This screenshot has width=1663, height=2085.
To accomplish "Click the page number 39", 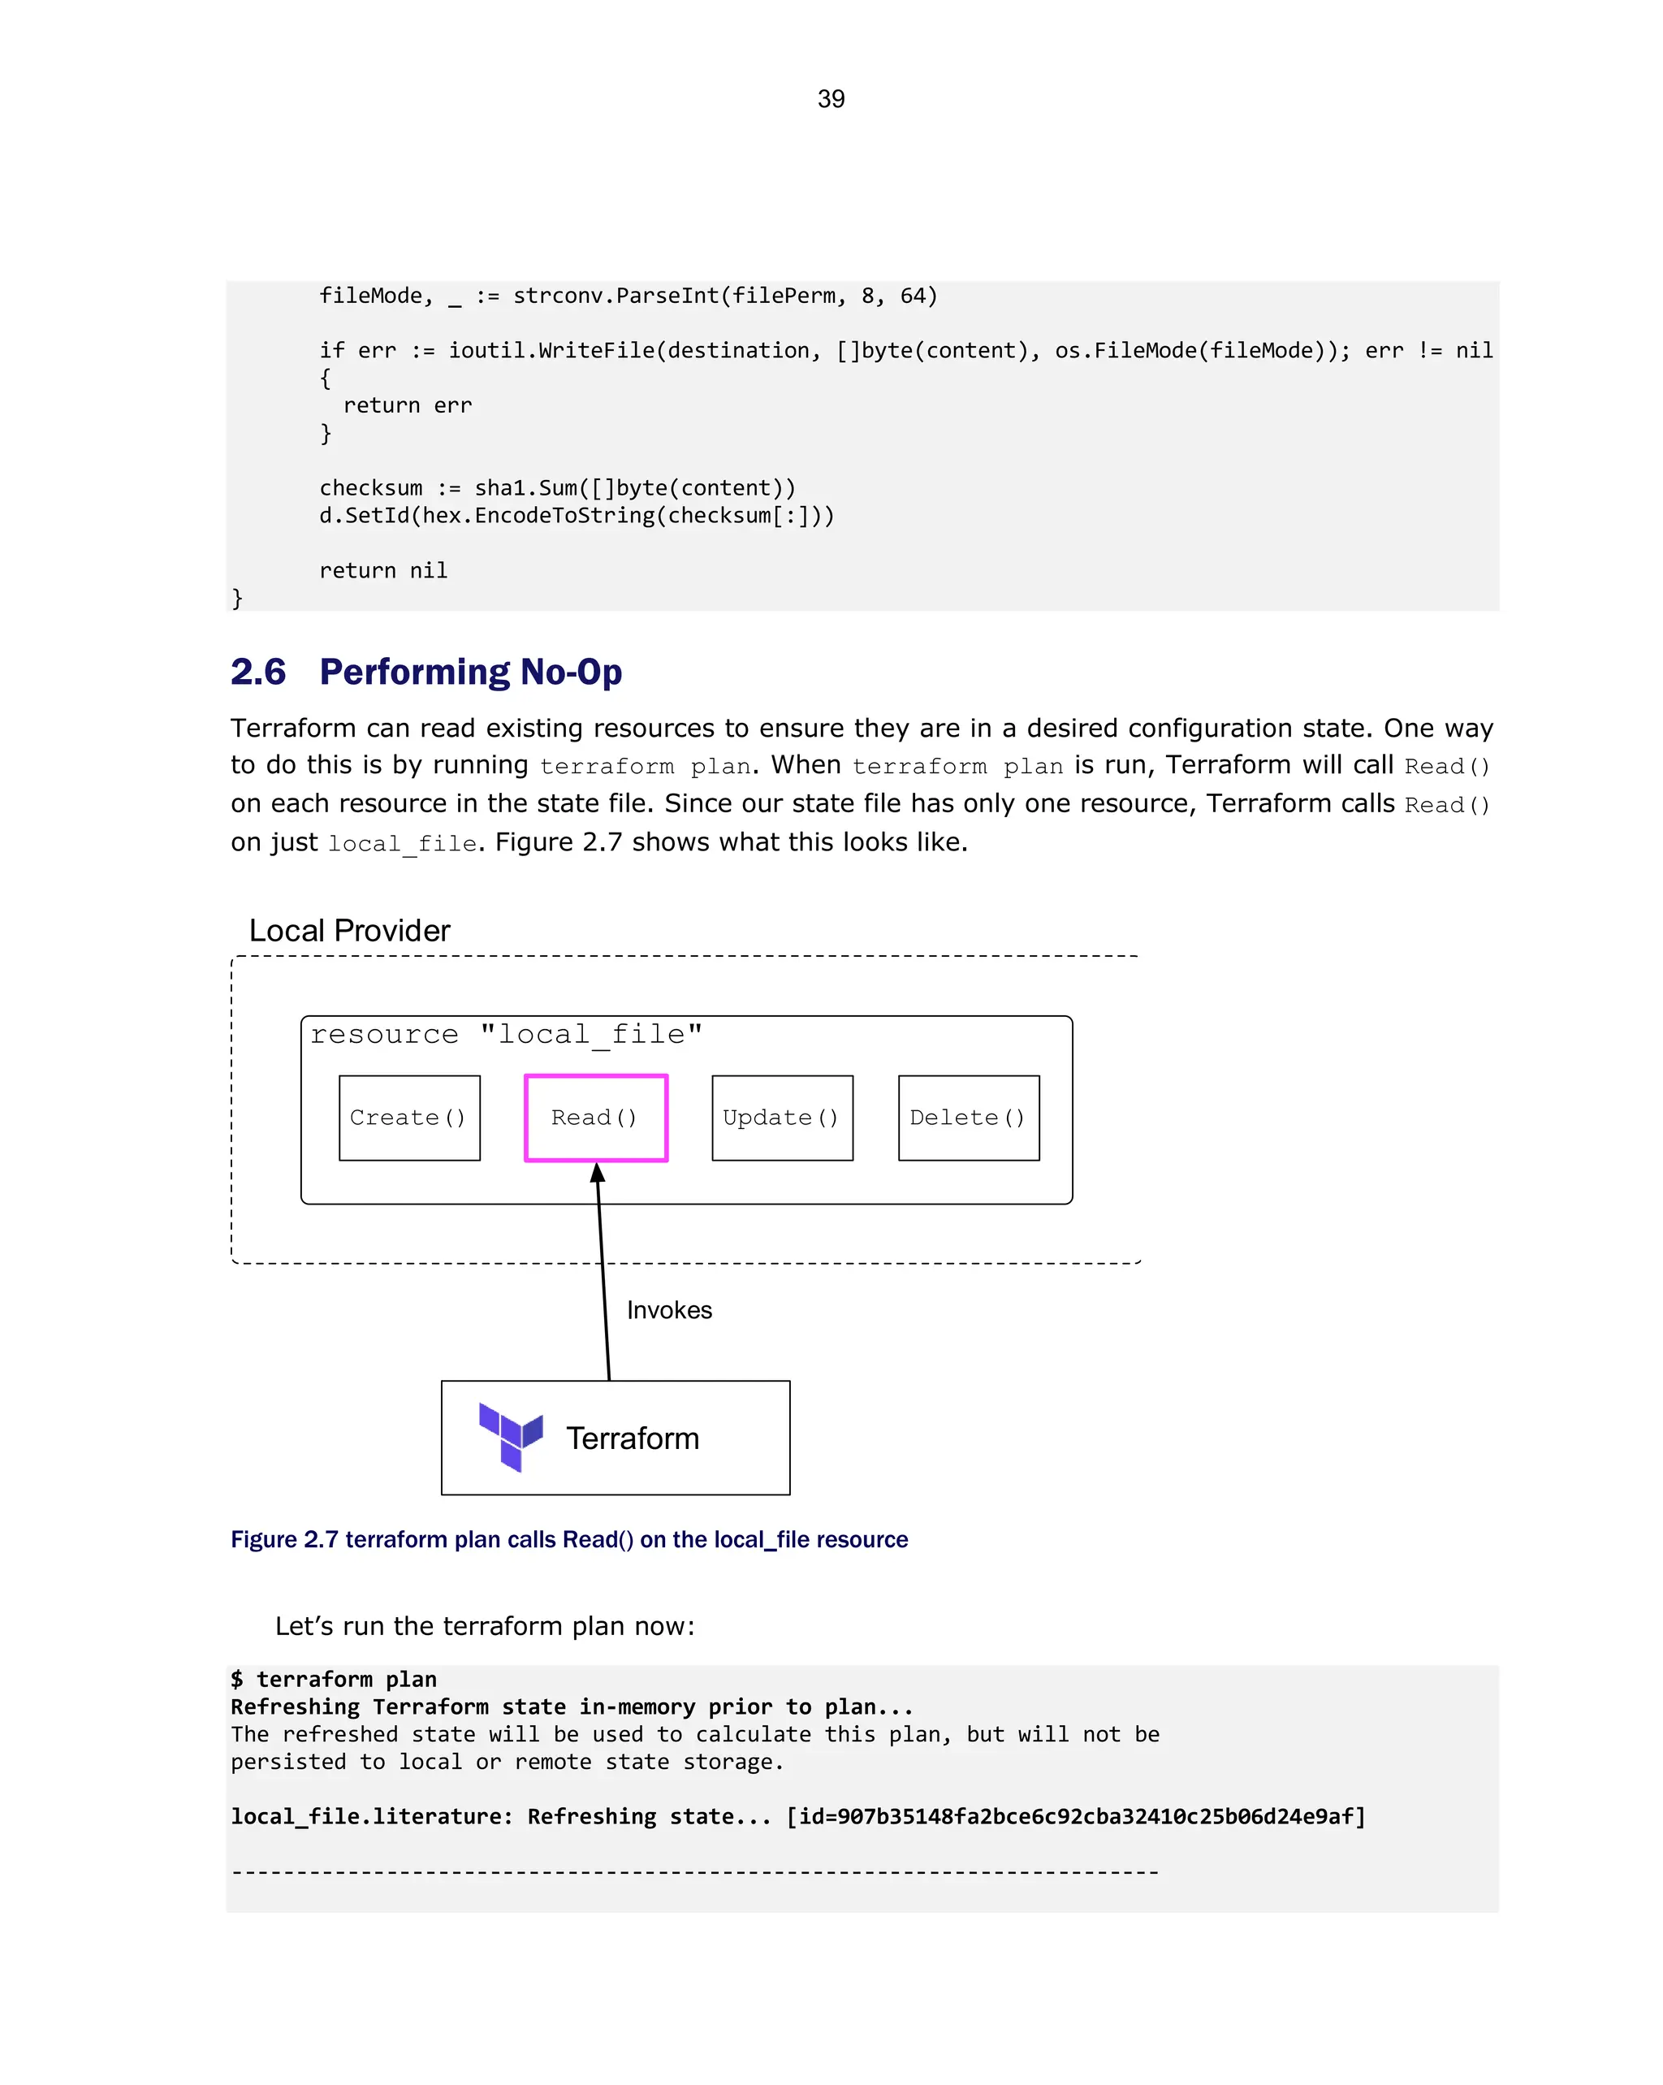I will pyautogui.click(x=831, y=98).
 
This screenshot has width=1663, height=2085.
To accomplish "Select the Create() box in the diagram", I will pyautogui.click(x=409, y=1117).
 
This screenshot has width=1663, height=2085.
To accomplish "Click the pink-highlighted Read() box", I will pyautogui.click(x=595, y=1117).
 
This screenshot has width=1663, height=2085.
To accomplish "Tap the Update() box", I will pyautogui.click(x=781, y=1117).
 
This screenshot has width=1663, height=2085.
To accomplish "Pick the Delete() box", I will pyautogui.click(x=968, y=1117).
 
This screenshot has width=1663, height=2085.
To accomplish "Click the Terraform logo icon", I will pyautogui.click(x=511, y=1437).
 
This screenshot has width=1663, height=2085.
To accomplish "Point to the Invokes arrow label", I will pyautogui.click(x=669, y=1309).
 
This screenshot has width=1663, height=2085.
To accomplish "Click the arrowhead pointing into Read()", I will pyautogui.click(x=598, y=1173).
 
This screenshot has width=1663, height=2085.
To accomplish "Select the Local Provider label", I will pyautogui.click(x=349, y=930).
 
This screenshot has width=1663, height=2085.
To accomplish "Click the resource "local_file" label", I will pyautogui.click(x=506, y=1035).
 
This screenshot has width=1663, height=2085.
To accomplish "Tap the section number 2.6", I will pyautogui.click(x=258, y=672).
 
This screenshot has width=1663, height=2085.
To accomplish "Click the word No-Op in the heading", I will pyautogui.click(x=571, y=672).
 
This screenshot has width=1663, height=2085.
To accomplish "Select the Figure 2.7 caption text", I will pyautogui.click(x=568, y=1538).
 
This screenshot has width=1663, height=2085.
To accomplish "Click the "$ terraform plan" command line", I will pyautogui.click(x=334, y=1679).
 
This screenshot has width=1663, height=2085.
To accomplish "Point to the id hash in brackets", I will pyautogui.click(x=1076, y=1816).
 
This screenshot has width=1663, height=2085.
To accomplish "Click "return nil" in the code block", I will pyautogui.click(x=383, y=570).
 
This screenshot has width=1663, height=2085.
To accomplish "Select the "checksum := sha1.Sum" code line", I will pyautogui.click(x=557, y=488).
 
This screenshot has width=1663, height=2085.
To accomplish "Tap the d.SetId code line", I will pyautogui.click(x=577, y=516).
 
